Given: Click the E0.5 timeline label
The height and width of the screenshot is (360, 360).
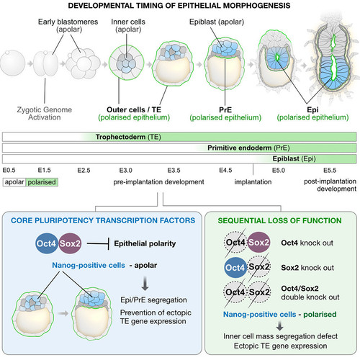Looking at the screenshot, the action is coord(9,170).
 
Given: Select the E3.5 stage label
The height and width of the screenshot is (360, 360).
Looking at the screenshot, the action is coord(174,170).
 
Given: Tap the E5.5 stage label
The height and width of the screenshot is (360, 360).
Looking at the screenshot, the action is coord(330,170).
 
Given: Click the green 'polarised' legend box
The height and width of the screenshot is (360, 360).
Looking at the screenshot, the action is coord(42,182).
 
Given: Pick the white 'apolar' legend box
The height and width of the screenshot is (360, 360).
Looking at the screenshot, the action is coord(14,182).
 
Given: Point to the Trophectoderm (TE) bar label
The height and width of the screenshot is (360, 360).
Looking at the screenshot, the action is coord(128,137).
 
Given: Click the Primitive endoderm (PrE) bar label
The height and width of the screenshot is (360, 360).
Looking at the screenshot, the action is coord(248,148).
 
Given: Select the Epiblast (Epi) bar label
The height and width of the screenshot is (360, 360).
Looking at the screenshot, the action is coord(294,158).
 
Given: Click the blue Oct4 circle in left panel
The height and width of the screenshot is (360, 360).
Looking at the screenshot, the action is coord(46,243).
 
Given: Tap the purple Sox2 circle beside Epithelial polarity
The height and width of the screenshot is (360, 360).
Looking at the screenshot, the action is coord(70,243).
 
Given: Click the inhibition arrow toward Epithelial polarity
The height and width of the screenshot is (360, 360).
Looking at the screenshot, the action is coord(98,243).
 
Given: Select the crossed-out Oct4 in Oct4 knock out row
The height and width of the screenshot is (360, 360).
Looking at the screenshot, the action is coord(235,243).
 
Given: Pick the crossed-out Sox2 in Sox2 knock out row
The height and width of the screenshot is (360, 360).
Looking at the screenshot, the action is coord(259,267).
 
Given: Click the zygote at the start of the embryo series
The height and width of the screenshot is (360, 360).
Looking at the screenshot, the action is coord(12,63).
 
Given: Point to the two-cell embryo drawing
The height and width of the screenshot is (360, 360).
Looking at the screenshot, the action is coord(45,64).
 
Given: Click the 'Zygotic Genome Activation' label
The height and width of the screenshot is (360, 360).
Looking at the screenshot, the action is coord(45,114).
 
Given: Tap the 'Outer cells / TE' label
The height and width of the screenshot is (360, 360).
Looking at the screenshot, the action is coord(134,109).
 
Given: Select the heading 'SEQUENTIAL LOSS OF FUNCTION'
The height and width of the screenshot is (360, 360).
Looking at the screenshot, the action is coord(279,220).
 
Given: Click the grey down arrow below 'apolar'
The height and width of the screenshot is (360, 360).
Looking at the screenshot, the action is coord(145,284).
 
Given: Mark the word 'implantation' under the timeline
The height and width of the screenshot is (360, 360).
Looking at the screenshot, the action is coord(253,182).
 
